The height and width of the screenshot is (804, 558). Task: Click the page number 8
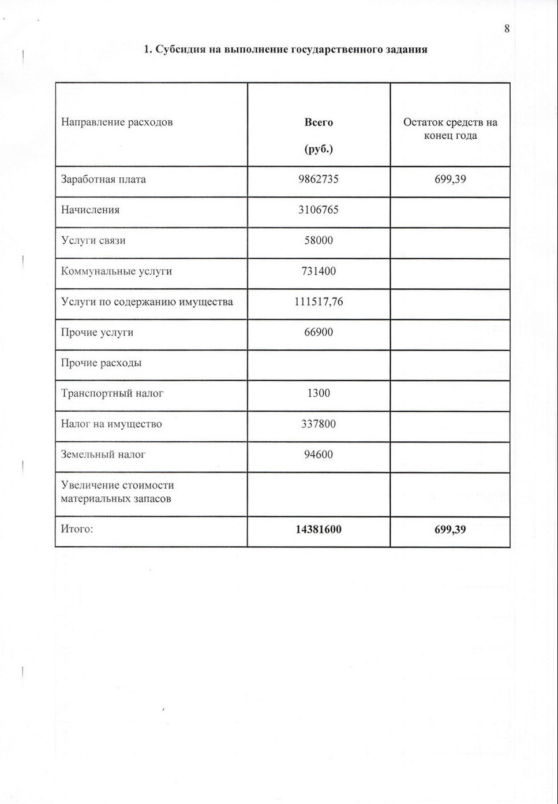click(x=507, y=29)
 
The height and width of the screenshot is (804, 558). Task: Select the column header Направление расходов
click(x=117, y=122)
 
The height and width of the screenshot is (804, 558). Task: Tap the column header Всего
click(x=319, y=122)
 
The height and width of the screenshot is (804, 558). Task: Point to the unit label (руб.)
click(x=319, y=149)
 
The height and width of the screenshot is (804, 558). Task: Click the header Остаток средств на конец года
click(x=450, y=129)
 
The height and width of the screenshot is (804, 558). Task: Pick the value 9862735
click(x=319, y=179)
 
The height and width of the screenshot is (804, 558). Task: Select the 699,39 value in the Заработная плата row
click(x=450, y=179)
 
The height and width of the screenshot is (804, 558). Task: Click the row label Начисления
click(x=91, y=210)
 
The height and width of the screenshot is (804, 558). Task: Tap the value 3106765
click(x=319, y=210)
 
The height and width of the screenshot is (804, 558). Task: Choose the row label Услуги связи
click(x=93, y=240)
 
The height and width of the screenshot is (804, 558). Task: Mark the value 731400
click(x=319, y=271)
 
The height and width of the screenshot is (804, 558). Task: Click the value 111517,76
click(x=319, y=301)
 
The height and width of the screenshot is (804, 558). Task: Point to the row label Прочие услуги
click(x=98, y=332)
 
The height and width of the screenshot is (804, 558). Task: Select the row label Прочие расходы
click(x=102, y=363)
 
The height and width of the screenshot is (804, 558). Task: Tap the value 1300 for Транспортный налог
click(x=319, y=393)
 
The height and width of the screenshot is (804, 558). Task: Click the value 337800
click(x=319, y=424)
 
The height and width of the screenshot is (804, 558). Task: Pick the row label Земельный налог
click(x=103, y=455)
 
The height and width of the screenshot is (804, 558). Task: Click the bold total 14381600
click(x=319, y=530)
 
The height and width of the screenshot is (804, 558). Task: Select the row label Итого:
click(x=77, y=529)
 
